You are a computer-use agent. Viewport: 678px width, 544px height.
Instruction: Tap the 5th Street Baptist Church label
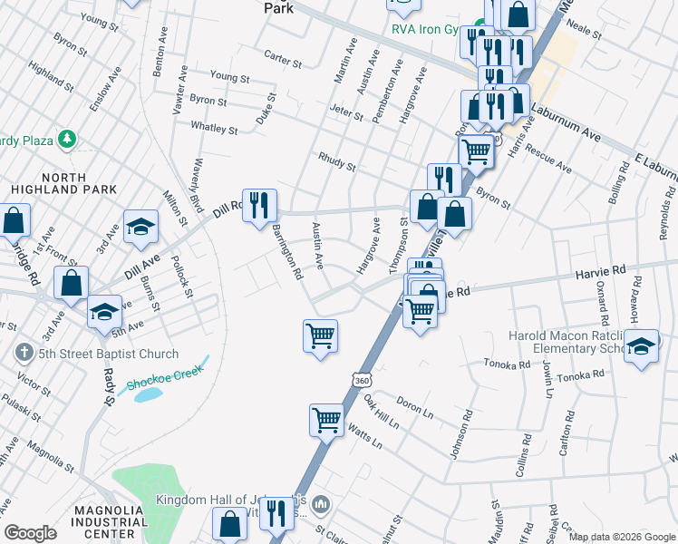coord(103,354)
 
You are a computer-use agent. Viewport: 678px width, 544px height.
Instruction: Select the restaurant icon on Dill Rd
coord(259,206)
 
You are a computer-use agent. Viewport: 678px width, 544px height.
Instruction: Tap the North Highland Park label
coord(65,182)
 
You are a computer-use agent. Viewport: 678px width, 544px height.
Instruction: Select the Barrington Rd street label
coord(287,251)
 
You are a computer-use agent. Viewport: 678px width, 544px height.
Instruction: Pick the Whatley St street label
coord(214,129)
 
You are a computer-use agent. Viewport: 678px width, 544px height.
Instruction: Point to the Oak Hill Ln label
coord(381,413)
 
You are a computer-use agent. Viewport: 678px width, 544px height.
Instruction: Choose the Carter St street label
coord(283,60)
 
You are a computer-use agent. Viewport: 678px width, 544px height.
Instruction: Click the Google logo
coord(30,533)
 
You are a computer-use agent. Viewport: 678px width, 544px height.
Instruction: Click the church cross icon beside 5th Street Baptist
coord(19,353)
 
